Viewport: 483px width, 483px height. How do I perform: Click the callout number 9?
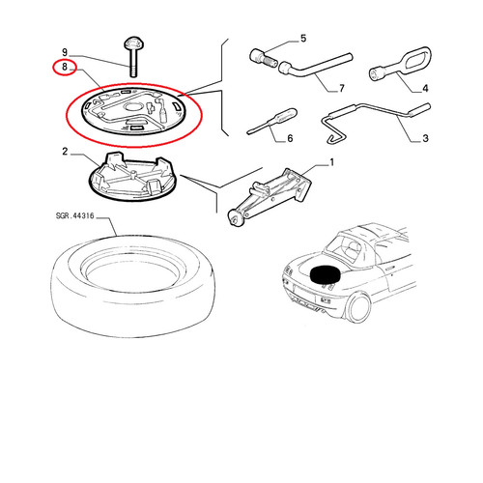pos(65,52)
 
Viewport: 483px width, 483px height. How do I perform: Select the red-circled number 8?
pos(65,67)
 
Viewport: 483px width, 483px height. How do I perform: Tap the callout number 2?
pos(65,151)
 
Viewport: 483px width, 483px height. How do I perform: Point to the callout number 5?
pos(303,39)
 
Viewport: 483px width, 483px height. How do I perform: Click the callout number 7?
pos(342,88)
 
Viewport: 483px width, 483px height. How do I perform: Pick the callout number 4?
pos(425,88)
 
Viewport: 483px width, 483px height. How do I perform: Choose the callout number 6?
pos(290,138)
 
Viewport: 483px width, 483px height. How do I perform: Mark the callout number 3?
pos(425,138)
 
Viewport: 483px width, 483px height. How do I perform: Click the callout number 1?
pos(332,162)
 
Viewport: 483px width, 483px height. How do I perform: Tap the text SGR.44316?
pos(74,215)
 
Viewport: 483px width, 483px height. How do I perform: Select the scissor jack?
pos(270,197)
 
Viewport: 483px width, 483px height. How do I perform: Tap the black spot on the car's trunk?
pos(326,274)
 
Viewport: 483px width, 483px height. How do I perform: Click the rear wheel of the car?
pos(359,307)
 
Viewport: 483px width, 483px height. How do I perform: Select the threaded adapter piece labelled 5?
pos(263,58)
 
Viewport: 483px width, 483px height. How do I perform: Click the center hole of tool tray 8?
pos(133,107)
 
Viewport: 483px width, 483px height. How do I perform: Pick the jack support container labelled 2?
pos(133,177)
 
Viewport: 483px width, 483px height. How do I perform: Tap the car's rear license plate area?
pos(304,295)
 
